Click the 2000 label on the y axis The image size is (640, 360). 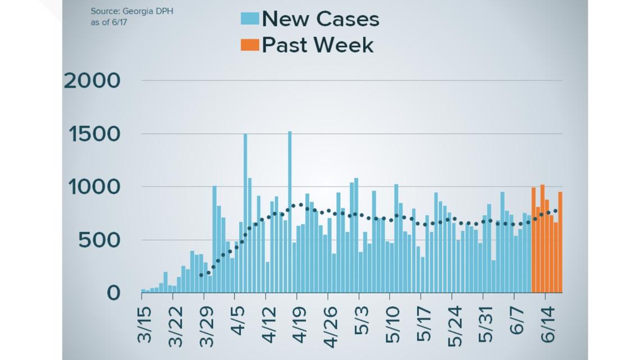click(x=92, y=81)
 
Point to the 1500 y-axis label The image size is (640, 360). click(x=94, y=134)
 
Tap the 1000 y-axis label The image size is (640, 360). click(x=94, y=187)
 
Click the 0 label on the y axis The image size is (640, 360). click(x=113, y=293)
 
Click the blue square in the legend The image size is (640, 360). click(x=250, y=19)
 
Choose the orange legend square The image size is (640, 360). click(x=250, y=44)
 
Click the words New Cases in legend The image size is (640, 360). click(x=321, y=19)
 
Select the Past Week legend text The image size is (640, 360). click(x=318, y=44)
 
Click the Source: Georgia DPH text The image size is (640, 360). click(x=132, y=11)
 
